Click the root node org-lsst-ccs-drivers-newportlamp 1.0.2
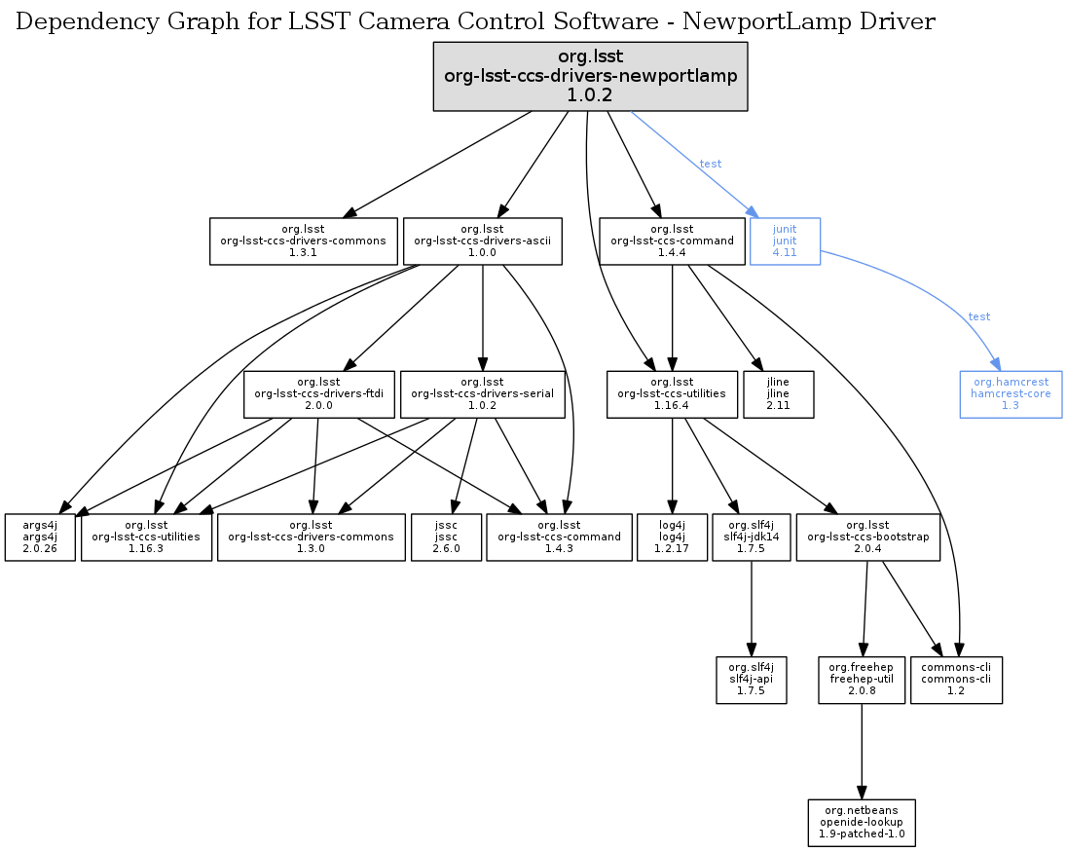[x=590, y=75]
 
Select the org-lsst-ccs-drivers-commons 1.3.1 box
[x=304, y=241]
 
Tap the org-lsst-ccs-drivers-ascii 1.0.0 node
[x=483, y=241]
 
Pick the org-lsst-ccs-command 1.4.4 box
[x=672, y=241]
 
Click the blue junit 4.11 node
[x=785, y=241]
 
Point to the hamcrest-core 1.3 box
[x=1010, y=393]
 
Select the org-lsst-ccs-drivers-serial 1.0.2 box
[x=482, y=393]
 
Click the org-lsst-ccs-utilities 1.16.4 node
[x=672, y=393]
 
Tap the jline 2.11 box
[x=778, y=393]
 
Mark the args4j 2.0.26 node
[x=39, y=537]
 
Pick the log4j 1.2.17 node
[x=671, y=537]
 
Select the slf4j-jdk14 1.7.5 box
[x=751, y=537]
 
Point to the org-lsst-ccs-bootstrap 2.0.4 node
[x=868, y=537]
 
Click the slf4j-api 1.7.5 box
[x=750, y=680]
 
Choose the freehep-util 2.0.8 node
[x=862, y=680]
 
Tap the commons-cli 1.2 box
[x=956, y=680]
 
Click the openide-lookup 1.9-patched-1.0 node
[x=861, y=823]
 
